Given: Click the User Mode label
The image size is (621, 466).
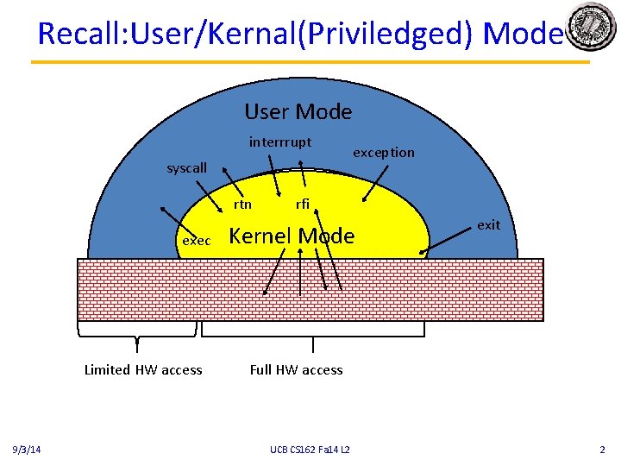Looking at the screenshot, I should click(298, 111).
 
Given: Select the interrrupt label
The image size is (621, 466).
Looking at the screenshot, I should click(280, 142).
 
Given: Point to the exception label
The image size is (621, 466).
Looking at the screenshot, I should click(384, 153).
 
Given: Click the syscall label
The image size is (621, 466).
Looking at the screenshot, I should click(186, 168).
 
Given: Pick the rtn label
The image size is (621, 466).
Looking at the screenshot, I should click(243, 205).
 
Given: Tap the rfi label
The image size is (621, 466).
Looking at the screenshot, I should click(303, 205).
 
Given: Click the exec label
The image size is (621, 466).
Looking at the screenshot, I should click(197, 241).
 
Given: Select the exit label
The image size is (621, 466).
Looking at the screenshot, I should click(488, 225).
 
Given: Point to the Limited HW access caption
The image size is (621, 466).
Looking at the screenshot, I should click(143, 370).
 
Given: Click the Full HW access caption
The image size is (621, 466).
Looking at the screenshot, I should click(296, 370).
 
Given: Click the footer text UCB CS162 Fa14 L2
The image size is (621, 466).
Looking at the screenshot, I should click(309, 450).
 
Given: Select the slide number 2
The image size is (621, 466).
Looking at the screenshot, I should click(602, 450).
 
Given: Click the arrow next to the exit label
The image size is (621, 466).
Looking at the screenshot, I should click(449, 241).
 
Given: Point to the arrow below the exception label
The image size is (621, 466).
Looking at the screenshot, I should click(373, 182).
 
